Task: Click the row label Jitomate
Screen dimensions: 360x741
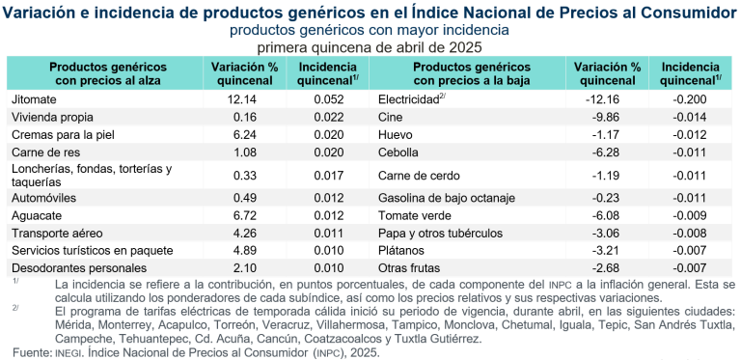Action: point(35,99)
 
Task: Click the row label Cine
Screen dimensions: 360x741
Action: point(392,117)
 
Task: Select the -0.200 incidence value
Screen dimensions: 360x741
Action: point(689,99)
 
